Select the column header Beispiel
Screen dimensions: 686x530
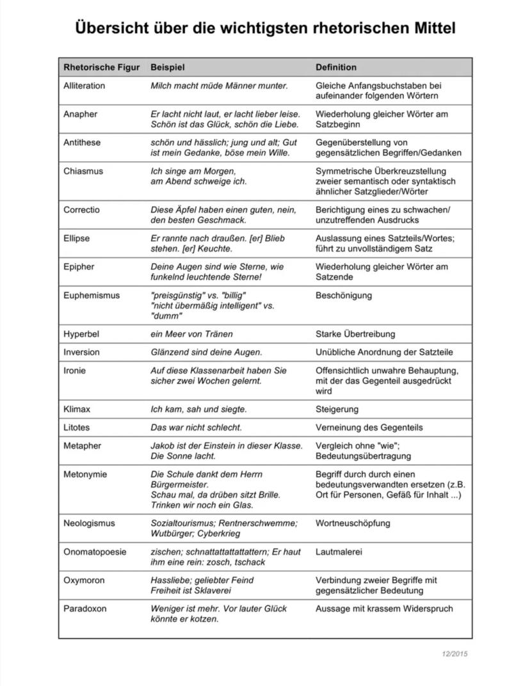pyautogui.click(x=167, y=67)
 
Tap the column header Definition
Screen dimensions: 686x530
pyautogui.click(x=336, y=67)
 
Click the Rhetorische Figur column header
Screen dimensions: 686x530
pyautogui.click(x=97, y=67)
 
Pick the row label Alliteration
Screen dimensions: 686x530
pyautogui.click(x=84, y=86)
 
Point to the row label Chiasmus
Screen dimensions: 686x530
pyautogui.click(x=83, y=171)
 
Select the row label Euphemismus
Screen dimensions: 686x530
pyautogui.click(x=91, y=296)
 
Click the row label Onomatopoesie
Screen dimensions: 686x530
pyautogui.click(x=95, y=552)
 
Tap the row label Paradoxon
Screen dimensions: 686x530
pyautogui.click(x=84, y=609)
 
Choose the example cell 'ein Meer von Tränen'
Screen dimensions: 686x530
pyautogui.click(x=191, y=334)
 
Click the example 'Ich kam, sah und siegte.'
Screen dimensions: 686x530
pyautogui.click(x=198, y=410)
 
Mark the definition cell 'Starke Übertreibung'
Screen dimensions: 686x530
pyautogui.click(x=355, y=334)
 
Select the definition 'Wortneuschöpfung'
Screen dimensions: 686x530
pyautogui.click(x=353, y=523)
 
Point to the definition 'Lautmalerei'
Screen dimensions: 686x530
pyautogui.click(x=339, y=552)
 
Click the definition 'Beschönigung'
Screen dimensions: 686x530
pyautogui.click(x=344, y=296)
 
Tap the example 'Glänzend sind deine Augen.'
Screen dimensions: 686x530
pyautogui.click(x=206, y=353)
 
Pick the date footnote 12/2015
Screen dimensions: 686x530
pyautogui.click(x=454, y=654)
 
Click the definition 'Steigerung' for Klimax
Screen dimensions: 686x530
pyautogui.click(x=337, y=410)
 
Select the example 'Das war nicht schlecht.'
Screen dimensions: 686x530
pyautogui.click(x=196, y=427)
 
